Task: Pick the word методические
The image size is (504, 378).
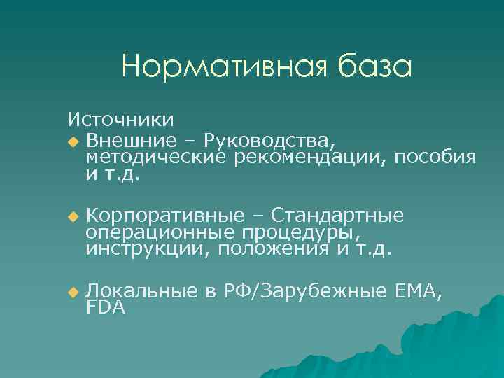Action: (x=157, y=157)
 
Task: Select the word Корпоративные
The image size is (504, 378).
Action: (x=166, y=214)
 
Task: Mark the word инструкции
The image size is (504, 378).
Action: (x=146, y=249)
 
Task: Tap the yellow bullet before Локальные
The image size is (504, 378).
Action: (x=74, y=292)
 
